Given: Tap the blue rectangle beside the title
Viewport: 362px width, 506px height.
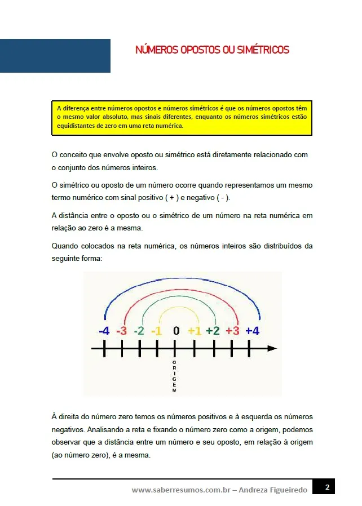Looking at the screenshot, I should coord(55,56).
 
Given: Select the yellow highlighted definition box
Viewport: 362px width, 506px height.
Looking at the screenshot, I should coord(182,118).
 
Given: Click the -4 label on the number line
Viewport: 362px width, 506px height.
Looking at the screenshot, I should coord(104,331).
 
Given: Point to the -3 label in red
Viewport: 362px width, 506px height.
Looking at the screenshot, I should coord(121,331).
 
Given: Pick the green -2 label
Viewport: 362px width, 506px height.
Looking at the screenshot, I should coord(139,331).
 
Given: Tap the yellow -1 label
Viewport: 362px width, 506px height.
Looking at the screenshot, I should coord(157,331).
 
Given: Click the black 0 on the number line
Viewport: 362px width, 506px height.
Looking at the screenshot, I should coord(176,331).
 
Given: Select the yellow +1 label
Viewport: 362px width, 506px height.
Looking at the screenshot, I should coord(195,331).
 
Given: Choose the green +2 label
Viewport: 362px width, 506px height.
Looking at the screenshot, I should coord(213,331).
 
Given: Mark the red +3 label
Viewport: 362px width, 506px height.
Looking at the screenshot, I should coord(232,331).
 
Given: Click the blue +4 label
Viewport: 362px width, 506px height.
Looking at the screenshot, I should coord(252,331).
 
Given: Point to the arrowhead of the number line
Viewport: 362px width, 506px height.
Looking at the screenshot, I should coord(273,349).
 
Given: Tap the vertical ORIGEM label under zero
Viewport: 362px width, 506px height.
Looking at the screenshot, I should coord(174,376).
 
